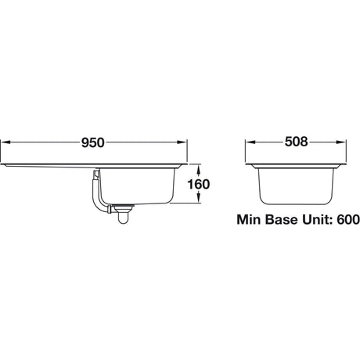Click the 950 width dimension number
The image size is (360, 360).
pyautogui.click(x=92, y=142)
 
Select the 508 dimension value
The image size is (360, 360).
pyautogui.click(x=295, y=142)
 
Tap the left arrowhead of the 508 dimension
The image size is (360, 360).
pyautogui.click(x=250, y=142)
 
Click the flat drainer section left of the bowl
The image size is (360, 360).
pyautogui.click(x=47, y=166)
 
